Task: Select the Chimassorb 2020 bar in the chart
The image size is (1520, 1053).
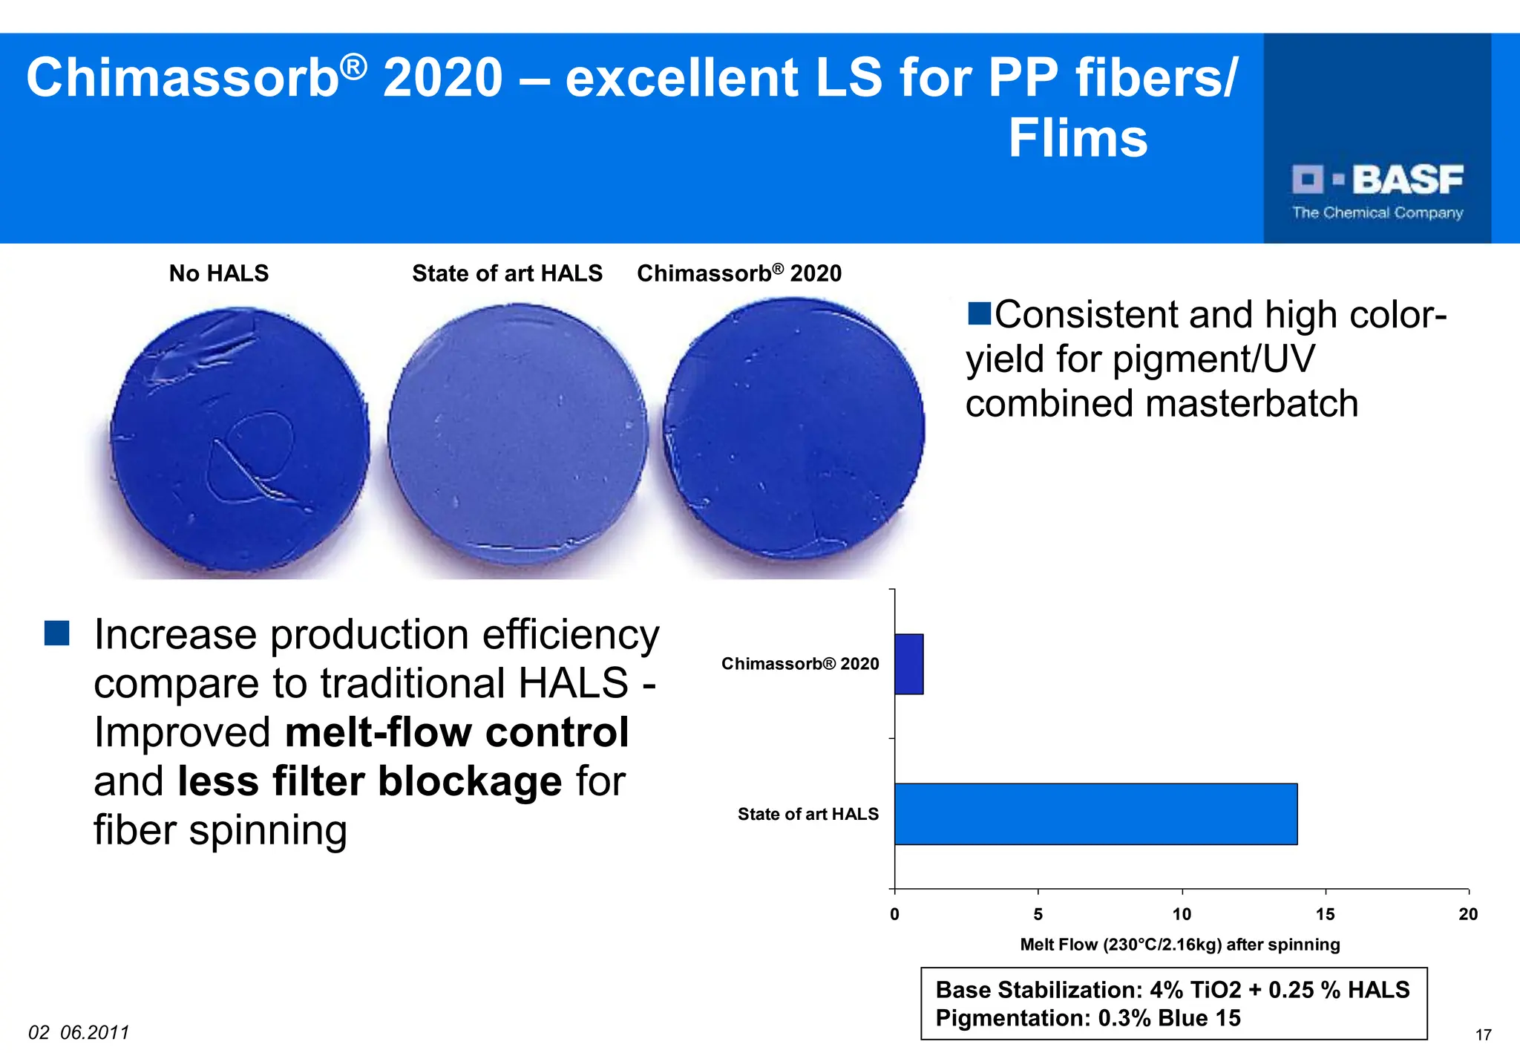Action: [908, 664]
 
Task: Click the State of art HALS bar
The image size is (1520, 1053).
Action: [1095, 814]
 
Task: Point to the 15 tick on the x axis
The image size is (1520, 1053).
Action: [1326, 914]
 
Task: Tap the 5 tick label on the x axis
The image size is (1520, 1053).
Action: [1038, 914]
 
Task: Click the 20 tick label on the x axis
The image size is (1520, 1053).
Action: [1467, 914]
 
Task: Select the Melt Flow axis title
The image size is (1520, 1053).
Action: [1179, 945]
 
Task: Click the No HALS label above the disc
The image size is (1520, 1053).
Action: [219, 273]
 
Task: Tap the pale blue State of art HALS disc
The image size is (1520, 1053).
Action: [517, 434]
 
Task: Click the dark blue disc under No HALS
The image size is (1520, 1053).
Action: [239, 440]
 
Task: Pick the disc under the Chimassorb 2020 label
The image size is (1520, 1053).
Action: [794, 429]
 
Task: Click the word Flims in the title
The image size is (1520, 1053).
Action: [1077, 138]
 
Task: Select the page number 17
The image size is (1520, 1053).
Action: [1483, 1034]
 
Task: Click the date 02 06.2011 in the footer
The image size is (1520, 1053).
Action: [79, 1032]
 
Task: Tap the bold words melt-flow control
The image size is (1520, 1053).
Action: [456, 732]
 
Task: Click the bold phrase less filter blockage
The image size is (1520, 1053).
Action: [370, 781]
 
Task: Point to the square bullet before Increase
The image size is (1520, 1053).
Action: [57, 633]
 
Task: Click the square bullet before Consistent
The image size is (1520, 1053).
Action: [980, 313]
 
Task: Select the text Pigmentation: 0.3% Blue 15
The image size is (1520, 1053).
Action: [1087, 1017]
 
